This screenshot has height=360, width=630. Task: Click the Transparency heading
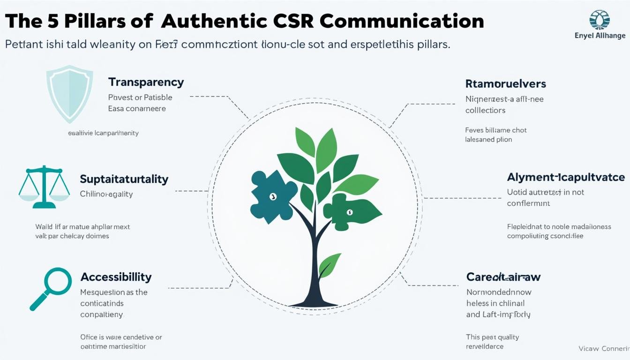146,82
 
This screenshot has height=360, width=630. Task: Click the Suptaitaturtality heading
124,179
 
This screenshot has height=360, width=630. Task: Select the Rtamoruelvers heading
505,84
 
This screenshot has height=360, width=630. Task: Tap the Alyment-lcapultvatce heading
565,177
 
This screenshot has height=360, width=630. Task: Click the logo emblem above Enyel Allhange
599,20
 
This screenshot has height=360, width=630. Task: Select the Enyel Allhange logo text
600,36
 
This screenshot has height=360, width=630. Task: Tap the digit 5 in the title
52,21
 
